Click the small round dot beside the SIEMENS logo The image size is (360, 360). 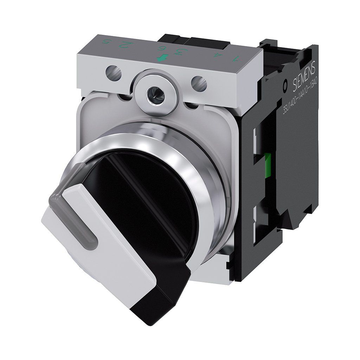[x=285, y=85]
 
